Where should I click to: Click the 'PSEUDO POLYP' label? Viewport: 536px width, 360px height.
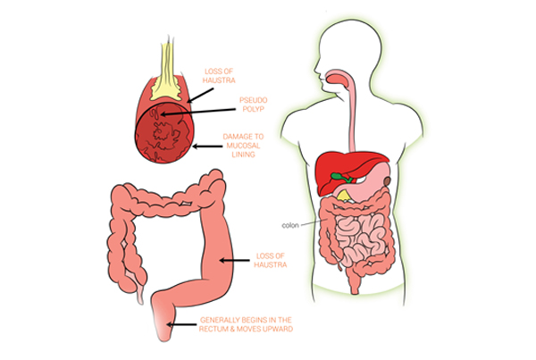coord(254,105)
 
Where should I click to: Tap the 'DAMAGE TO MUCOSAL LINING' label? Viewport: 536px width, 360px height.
coord(243,146)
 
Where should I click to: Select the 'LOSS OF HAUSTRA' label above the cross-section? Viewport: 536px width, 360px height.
coord(219,76)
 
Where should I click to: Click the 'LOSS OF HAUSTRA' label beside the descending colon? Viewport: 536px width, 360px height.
coord(270,260)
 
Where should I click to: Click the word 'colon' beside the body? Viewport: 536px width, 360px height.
coord(290,225)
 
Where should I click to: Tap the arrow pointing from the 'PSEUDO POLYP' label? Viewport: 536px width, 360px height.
coord(198,112)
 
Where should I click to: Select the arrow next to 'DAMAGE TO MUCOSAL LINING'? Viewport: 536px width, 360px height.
coord(207,147)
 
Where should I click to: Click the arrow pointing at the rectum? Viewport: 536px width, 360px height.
coord(181,324)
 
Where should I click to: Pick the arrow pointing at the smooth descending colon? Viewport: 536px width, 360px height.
coord(234,261)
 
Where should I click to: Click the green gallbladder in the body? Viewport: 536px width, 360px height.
coord(341,178)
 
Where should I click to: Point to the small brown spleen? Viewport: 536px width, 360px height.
coord(387,180)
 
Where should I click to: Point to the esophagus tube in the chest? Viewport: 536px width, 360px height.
coord(351,116)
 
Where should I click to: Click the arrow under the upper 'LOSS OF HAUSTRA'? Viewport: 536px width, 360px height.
coord(200,95)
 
